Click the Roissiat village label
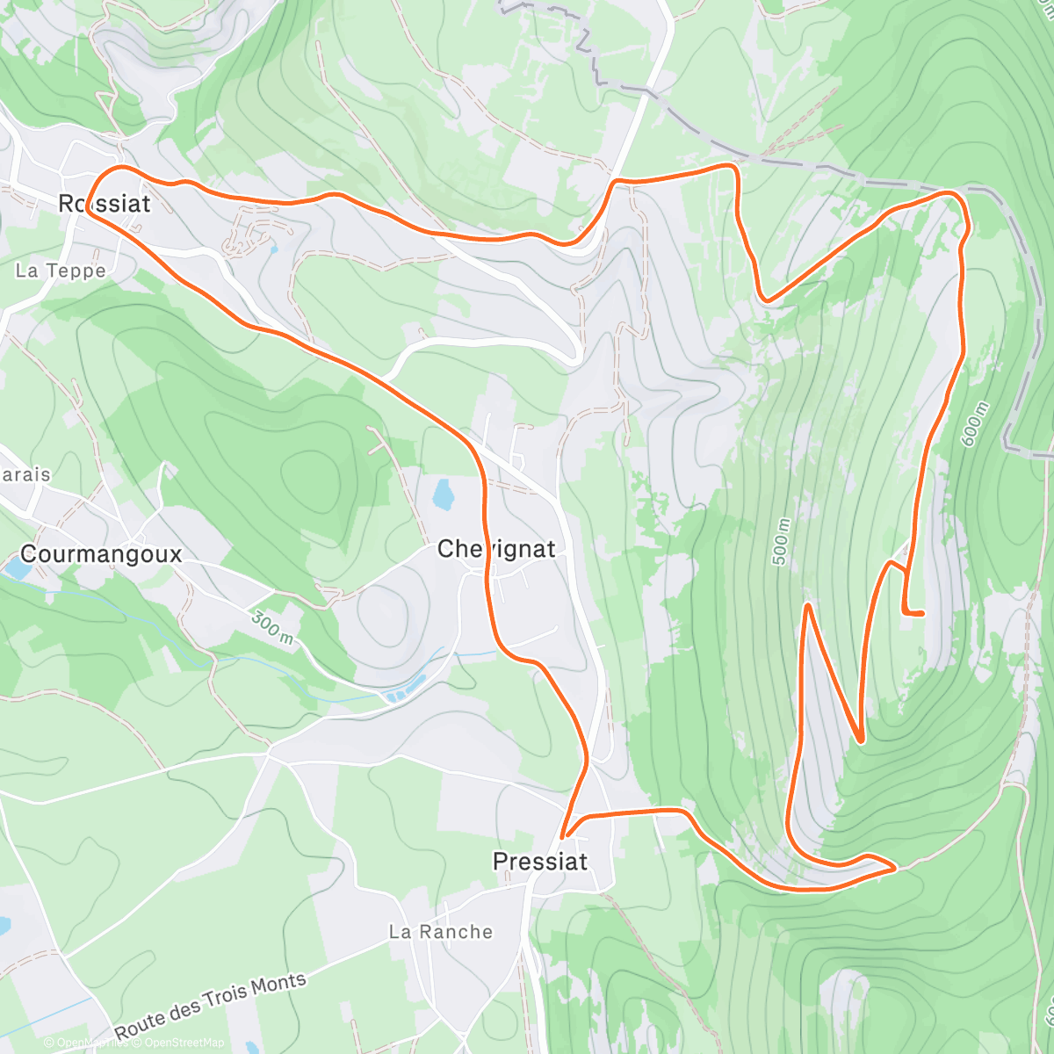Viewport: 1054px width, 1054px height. point(104,204)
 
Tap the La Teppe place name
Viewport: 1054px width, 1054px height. point(61,271)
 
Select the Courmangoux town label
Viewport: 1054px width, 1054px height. point(101,554)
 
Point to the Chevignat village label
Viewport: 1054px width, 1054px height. point(496,549)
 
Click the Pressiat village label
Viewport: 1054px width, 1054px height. point(540,862)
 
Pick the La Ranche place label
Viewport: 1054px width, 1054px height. point(441,932)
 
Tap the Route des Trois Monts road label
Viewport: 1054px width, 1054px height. point(211,1004)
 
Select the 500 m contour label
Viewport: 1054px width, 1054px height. point(781,541)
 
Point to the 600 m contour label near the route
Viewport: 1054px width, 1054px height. point(974,424)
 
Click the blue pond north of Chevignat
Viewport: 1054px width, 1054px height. point(443,495)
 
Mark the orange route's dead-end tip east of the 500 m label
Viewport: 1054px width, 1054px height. point(921,613)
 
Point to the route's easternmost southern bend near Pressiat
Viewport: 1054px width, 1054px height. point(893,869)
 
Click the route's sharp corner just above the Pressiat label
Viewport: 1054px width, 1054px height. point(564,835)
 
